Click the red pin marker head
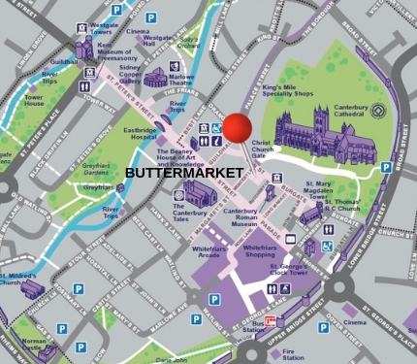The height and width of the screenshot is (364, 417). click(x=238, y=128)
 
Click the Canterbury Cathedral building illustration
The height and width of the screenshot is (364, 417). click(x=320, y=134)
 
